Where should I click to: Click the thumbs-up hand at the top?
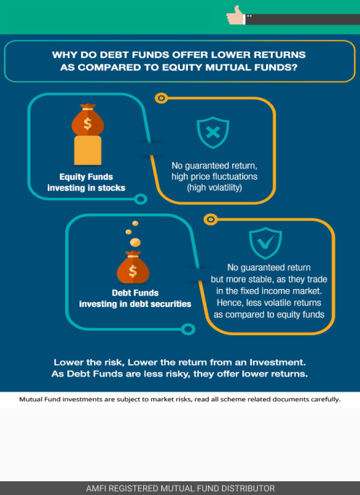point(235,16)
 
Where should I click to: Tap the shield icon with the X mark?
point(213,132)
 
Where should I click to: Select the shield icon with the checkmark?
point(265,243)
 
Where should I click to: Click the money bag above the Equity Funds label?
point(87,119)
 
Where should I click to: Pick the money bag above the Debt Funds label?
point(133,267)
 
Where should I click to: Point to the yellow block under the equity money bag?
point(87,150)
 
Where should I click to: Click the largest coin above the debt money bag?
point(135,243)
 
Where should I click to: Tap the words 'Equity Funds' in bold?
point(86,177)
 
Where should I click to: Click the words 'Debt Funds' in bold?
point(135,293)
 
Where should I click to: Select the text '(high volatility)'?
point(215,188)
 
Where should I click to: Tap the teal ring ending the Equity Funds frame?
point(140,199)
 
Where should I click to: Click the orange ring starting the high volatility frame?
point(161,98)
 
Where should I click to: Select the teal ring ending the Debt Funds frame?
point(188,330)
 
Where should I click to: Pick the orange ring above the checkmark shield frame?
point(210,219)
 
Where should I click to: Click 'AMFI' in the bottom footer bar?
point(95,488)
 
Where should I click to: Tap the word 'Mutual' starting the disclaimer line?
point(30,400)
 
